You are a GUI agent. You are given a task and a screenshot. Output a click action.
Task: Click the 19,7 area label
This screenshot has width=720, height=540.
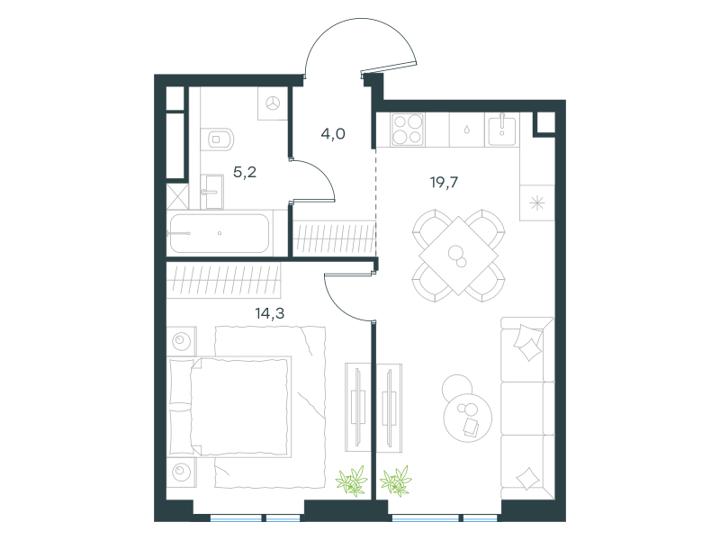tap(444, 183)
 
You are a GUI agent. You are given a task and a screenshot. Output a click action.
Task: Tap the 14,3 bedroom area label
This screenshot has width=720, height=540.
tap(269, 313)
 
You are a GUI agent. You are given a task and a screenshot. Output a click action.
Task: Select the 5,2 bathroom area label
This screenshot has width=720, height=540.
tap(245, 173)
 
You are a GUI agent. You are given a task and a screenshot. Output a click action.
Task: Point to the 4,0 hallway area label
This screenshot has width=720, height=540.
tap(333, 134)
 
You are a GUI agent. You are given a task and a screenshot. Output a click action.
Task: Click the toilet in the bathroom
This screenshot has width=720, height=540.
tap(217, 139)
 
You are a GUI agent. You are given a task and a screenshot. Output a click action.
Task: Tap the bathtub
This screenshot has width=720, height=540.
tap(220, 233)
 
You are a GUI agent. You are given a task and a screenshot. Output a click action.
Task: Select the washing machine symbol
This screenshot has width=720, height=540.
tap(273, 103)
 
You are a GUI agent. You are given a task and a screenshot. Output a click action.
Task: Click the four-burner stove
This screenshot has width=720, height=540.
tap(408, 130)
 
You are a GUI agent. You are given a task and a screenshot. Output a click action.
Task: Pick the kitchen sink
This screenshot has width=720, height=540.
tap(501, 130)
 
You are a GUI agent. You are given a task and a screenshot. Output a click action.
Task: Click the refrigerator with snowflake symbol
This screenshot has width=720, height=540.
tap(536, 202)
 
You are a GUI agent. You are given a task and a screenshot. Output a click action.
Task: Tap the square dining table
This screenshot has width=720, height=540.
tap(458, 256)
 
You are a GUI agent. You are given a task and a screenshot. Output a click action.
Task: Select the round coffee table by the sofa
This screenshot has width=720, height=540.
tap(467, 417)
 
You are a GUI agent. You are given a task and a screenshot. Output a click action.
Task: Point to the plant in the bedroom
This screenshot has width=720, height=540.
tap(352, 481)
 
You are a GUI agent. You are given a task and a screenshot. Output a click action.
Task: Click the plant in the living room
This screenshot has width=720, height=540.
tap(395, 481)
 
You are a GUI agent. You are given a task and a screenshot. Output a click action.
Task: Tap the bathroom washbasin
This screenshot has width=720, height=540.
tap(211, 191)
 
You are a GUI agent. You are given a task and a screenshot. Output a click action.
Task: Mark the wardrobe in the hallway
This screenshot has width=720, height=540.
tap(334, 238)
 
